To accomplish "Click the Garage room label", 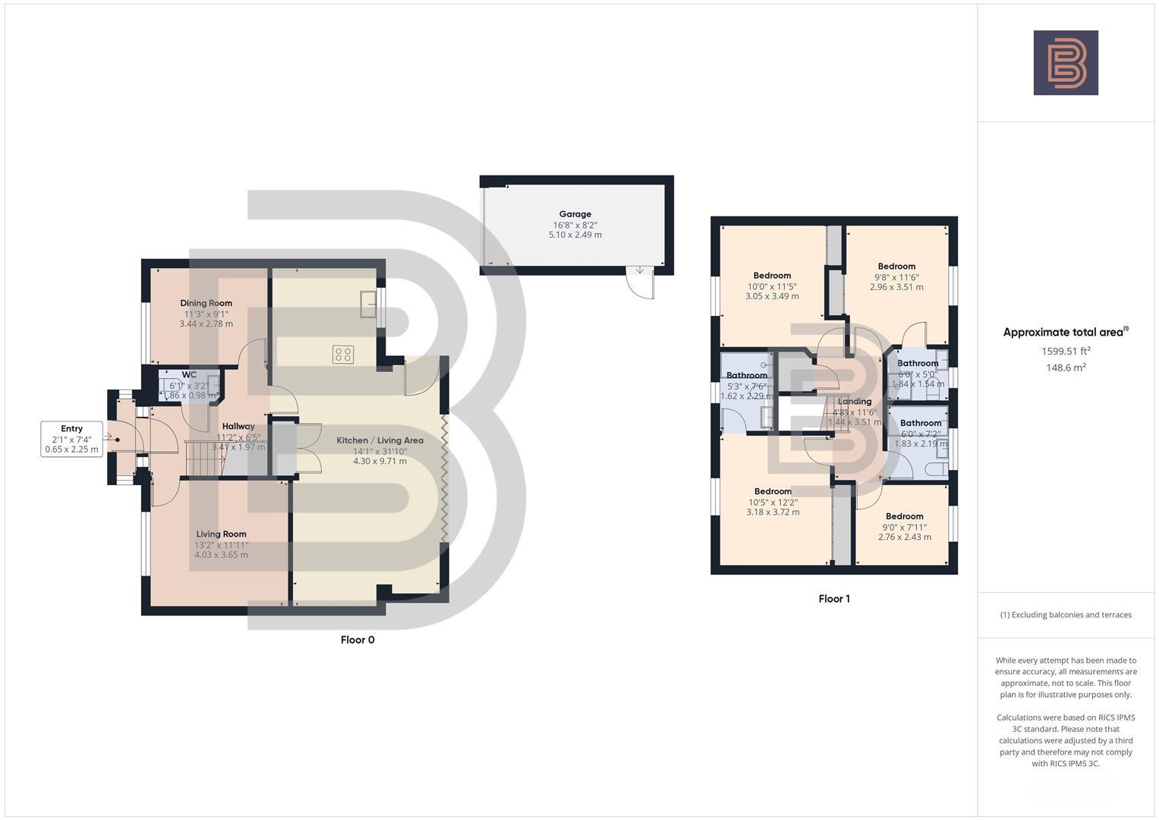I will [575, 215].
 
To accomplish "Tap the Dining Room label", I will [206, 304].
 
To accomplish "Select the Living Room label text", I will [221, 535].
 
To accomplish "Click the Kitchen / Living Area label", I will [380, 440].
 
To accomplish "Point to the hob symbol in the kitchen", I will [342, 354].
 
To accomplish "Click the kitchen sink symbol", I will [369, 304].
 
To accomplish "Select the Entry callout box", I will [71, 439].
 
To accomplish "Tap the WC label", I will [189, 375].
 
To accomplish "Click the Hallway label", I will [238, 427].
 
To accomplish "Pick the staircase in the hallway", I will [203, 459].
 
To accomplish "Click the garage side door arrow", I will [639, 271].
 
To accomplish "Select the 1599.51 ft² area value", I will [1066, 352].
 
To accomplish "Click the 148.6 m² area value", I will [1066, 367].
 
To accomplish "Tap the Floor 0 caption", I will [357, 640].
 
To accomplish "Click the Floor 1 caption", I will [834, 599].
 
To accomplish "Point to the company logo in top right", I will [1066, 63].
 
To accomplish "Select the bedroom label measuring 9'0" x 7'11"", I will [904, 516].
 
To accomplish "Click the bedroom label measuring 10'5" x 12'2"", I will [773, 492].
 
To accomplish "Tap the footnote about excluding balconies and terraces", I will [1066, 615].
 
